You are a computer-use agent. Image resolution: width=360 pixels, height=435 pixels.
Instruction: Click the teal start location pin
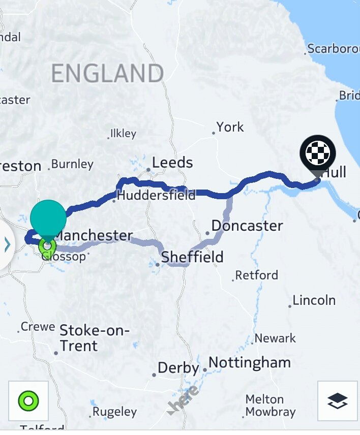pyautogui.click(x=48, y=218)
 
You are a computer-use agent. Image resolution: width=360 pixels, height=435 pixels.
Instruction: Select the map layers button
pyautogui.click(x=338, y=401)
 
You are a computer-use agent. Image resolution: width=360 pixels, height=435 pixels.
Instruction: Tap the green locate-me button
pyautogui.click(x=28, y=401)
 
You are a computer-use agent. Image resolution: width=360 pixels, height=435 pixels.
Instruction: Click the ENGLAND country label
pyautogui.click(x=107, y=74)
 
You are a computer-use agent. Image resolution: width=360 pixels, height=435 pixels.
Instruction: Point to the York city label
pyautogui.click(x=230, y=127)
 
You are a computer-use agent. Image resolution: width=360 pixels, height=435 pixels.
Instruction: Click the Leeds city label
pyautogui.click(x=172, y=163)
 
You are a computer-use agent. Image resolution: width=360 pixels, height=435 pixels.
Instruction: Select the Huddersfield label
pyautogui.click(x=156, y=195)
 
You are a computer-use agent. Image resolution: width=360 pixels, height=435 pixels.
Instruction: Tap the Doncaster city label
pyautogui.click(x=247, y=226)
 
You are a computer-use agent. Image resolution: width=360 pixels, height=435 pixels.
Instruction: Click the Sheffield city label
pyautogui.click(x=192, y=257)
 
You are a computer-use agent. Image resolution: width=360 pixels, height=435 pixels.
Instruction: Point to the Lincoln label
pyautogui.click(x=314, y=300)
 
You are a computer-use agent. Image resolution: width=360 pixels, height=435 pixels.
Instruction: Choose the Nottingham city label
pyautogui.click(x=250, y=363)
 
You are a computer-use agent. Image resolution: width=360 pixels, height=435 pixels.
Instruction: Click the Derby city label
pyautogui.click(x=178, y=368)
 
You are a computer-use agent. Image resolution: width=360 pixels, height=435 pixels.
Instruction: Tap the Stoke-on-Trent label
pyautogui.click(x=94, y=338)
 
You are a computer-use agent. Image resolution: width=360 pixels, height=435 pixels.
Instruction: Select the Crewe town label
pyautogui.click(x=38, y=327)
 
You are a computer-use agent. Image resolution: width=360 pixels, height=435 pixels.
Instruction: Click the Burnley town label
pyautogui.click(x=72, y=165)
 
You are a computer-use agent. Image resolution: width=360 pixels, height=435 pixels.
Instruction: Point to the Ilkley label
pyautogui.click(x=123, y=134)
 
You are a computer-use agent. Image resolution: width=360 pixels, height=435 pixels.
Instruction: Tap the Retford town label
pyautogui.click(x=256, y=275)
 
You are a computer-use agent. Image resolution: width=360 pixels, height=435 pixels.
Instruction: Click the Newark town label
pyautogui.click(x=275, y=338)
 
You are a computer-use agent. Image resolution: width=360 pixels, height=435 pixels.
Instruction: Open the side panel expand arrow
pyautogui.click(x=7, y=245)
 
